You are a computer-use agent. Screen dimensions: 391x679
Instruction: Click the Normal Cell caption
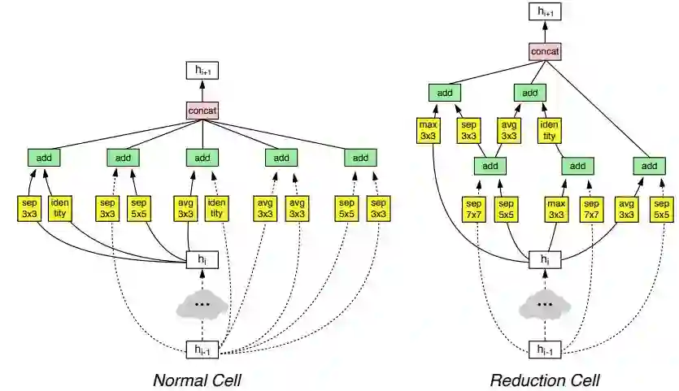click(198, 380)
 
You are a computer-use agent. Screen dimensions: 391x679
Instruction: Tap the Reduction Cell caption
click(545, 380)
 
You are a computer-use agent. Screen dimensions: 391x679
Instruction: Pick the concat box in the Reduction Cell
click(545, 52)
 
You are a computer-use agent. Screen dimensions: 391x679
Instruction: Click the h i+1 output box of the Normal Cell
click(202, 72)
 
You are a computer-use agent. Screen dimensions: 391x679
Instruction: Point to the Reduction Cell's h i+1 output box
click(545, 11)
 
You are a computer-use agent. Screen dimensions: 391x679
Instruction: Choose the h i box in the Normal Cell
click(202, 260)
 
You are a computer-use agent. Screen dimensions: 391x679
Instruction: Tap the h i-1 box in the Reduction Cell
click(545, 350)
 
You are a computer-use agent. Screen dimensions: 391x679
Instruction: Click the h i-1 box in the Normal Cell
click(202, 350)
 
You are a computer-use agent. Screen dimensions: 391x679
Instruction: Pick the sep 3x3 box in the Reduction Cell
click(468, 130)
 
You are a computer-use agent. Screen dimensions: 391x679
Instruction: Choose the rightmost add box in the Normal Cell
click(359, 157)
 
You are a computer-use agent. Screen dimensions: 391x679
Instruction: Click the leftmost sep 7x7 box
click(473, 208)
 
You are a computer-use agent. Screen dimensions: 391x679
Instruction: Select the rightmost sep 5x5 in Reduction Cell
click(661, 208)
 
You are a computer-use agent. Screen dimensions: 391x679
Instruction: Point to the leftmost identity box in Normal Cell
click(60, 208)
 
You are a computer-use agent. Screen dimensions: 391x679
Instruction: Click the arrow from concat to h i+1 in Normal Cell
click(202, 90)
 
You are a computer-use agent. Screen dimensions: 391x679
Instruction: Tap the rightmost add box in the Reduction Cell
click(648, 166)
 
